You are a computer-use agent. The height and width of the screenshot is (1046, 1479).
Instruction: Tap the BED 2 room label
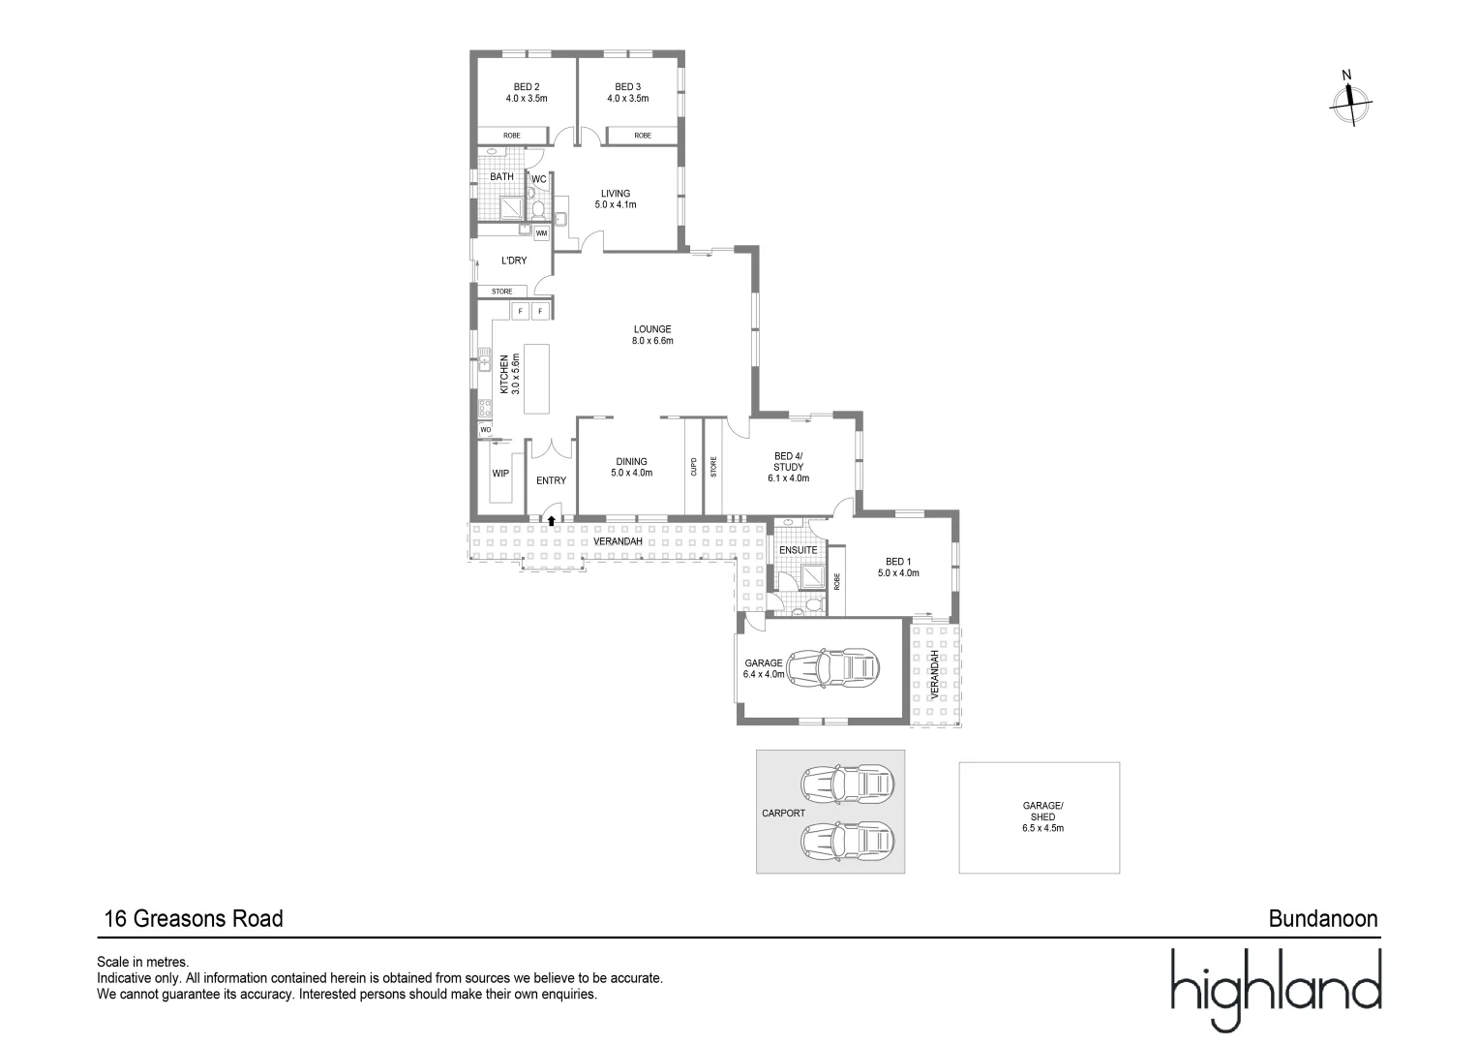[527, 93]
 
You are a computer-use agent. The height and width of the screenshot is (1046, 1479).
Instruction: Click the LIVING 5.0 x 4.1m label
[615, 200]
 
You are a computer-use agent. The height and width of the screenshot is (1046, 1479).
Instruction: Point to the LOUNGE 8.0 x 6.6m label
[651, 335]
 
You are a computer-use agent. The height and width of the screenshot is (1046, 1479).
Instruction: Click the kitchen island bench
[535, 379]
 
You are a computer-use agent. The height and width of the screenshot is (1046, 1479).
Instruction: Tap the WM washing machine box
[541, 233]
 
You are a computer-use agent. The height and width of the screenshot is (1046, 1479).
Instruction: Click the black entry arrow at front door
[552, 521]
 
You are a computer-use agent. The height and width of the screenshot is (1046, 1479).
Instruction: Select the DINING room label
[631, 468]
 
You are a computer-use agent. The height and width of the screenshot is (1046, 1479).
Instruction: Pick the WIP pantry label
[500, 474]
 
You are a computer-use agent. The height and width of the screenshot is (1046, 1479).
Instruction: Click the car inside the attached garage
[833, 667]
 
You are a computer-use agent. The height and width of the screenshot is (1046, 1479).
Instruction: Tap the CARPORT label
[783, 814]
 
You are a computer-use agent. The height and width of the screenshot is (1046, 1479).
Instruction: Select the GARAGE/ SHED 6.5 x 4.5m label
[1042, 816]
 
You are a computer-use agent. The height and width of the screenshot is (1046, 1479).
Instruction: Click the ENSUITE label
[799, 550]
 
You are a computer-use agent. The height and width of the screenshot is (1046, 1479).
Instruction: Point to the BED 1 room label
[897, 568]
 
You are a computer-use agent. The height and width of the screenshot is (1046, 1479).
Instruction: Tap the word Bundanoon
[1322, 919]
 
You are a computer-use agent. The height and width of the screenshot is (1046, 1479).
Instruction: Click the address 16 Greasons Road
[194, 919]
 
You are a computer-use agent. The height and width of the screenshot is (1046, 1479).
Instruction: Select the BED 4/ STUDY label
[788, 467]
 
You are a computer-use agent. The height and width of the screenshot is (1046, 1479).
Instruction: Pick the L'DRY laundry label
[514, 261]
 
